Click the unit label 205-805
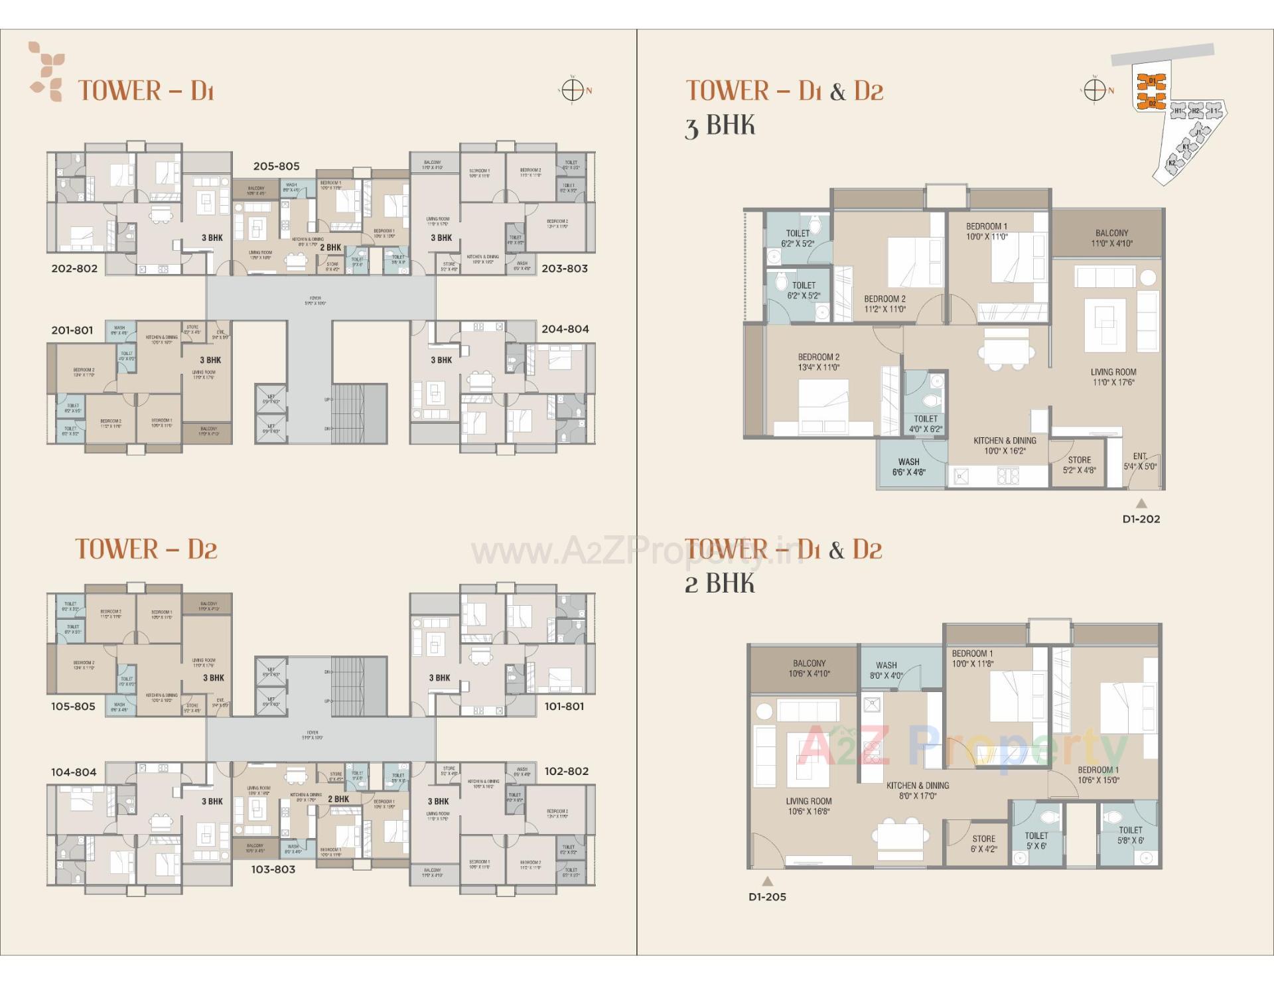click(x=276, y=167)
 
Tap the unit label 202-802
click(x=74, y=269)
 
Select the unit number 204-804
click(x=565, y=329)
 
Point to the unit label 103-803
click(x=273, y=869)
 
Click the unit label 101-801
click(x=564, y=707)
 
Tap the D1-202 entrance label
click(x=1141, y=519)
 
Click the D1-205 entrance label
click(x=767, y=897)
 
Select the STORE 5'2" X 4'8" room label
click(x=1079, y=465)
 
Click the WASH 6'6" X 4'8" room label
click(x=908, y=467)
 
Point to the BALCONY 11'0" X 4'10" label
click(x=1111, y=238)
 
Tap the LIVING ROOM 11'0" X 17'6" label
click(x=1113, y=377)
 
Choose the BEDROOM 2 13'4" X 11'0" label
click(x=818, y=362)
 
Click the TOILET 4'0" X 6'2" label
click(x=926, y=424)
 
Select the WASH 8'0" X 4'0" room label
click(x=886, y=670)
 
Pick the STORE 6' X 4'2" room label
click(x=983, y=844)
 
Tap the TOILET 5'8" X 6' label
click(x=1130, y=835)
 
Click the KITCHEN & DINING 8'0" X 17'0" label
click(x=918, y=790)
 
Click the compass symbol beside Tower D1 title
click(x=573, y=90)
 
